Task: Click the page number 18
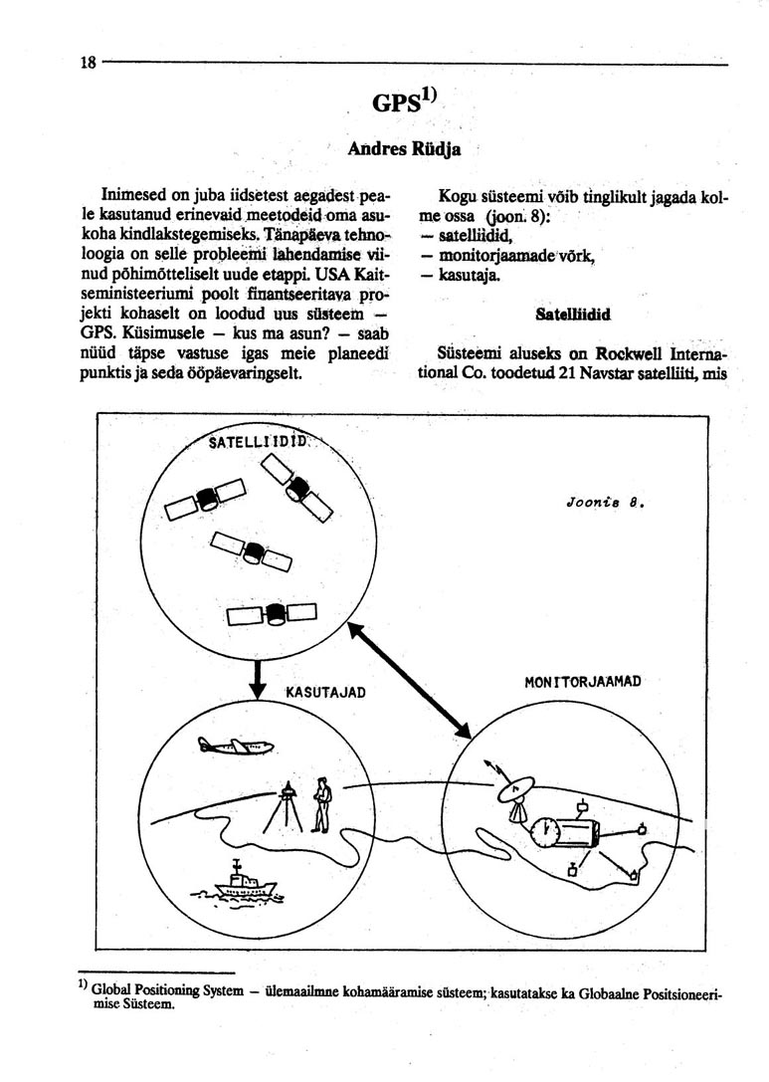point(89,63)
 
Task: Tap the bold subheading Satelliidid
point(572,314)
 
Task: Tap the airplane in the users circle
point(237,745)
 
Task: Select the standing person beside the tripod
point(320,804)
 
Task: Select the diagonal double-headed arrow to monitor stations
point(409,679)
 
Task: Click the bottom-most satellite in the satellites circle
point(272,614)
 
